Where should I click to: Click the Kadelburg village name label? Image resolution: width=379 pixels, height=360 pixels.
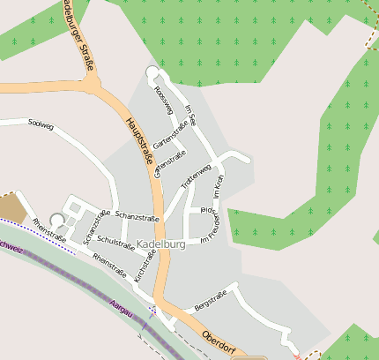161,244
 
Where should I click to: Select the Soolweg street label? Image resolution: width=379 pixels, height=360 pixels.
41,126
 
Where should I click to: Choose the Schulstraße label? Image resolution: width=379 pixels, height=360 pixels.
115,240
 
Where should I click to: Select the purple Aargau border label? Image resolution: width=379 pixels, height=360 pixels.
120,310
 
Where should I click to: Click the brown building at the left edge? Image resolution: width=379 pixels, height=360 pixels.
11,207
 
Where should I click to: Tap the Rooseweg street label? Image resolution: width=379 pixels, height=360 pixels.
161,100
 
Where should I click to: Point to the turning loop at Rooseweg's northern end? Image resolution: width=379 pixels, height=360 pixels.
152,72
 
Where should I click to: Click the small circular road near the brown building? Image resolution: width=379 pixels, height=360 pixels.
57,220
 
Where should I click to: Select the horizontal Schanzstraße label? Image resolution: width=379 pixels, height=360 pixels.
137,217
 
